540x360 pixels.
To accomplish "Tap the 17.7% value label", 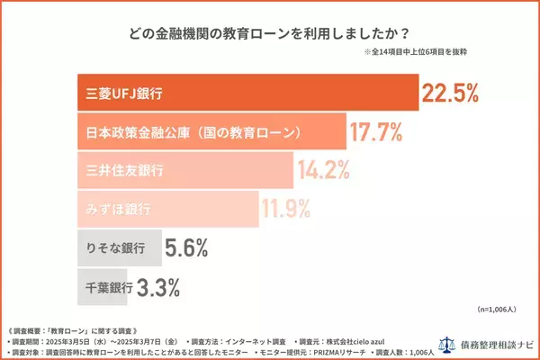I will tap(379, 132).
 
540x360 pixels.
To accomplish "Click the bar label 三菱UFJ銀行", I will tap(115, 93).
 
